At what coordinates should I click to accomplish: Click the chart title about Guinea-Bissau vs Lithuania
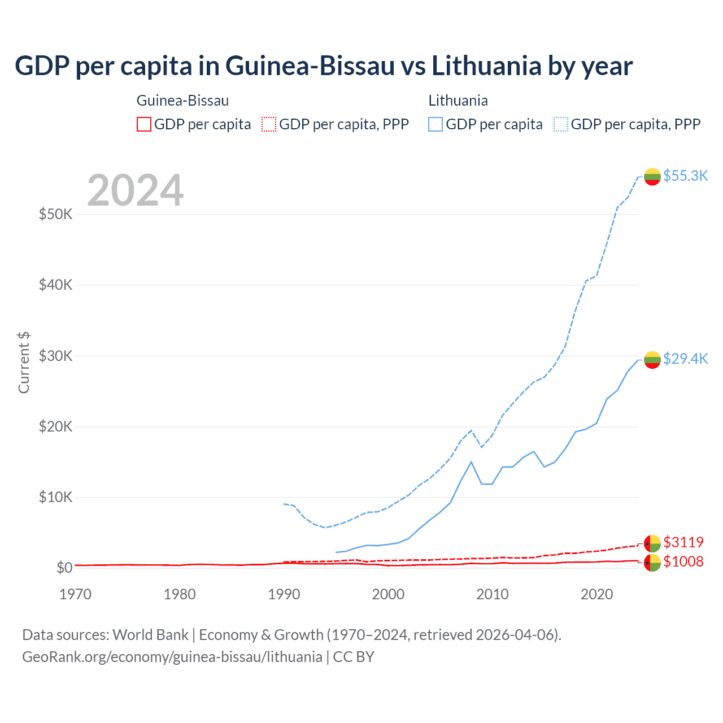[x=324, y=66]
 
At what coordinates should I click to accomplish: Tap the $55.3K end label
[x=685, y=176]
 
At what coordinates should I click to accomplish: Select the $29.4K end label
[x=685, y=359]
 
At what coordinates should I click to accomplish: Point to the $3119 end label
[x=683, y=542]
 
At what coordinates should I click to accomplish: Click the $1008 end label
[x=683, y=561]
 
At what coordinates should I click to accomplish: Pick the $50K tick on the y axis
[x=56, y=215]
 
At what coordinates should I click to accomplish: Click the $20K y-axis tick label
[x=56, y=426]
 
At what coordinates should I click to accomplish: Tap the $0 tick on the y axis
[x=64, y=568]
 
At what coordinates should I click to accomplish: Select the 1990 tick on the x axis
[x=284, y=594]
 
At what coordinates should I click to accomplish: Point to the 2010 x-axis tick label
[x=493, y=594]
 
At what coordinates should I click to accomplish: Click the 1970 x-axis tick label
[x=76, y=594]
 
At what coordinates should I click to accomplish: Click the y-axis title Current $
[x=24, y=363]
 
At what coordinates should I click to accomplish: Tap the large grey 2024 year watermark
[x=135, y=191]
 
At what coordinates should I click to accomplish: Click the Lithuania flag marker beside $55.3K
[x=652, y=176]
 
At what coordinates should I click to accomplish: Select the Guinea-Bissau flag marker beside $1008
[x=652, y=563]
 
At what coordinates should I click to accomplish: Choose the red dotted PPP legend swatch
[x=269, y=124]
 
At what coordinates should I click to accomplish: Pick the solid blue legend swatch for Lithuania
[x=435, y=124]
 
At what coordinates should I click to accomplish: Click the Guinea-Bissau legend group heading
[x=182, y=101]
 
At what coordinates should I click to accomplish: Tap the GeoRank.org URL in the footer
[x=172, y=657]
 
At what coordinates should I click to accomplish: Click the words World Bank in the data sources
[x=150, y=635]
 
